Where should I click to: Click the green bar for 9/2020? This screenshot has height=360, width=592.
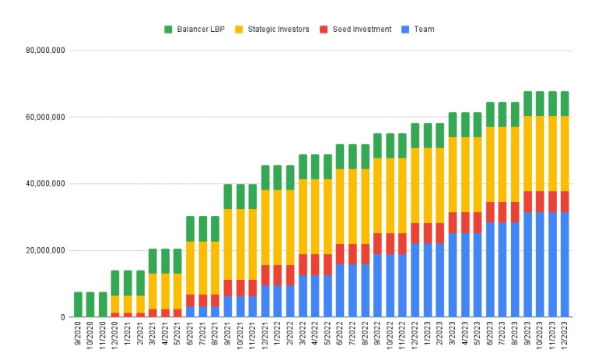tap(78, 304)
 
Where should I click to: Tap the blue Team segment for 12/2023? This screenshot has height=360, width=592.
tap(563, 264)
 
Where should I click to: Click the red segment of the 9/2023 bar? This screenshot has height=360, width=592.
tap(526, 201)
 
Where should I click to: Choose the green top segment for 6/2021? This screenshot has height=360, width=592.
tap(190, 229)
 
